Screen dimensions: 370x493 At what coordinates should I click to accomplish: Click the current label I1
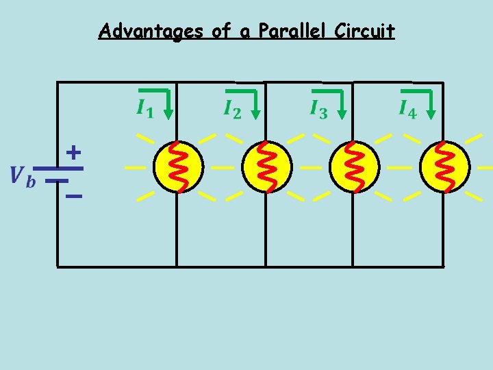pyautogui.click(x=144, y=109)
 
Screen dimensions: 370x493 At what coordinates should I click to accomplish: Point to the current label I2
pyautogui.click(x=233, y=109)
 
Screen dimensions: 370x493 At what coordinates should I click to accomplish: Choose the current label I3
pyautogui.click(x=318, y=109)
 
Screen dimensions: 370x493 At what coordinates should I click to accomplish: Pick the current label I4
pyautogui.click(x=407, y=109)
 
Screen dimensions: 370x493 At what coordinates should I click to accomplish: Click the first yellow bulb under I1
pyautogui.click(x=178, y=167)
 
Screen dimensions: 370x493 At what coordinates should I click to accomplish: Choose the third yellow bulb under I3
pyautogui.click(x=354, y=167)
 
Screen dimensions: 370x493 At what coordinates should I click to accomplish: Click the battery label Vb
pyautogui.click(x=21, y=175)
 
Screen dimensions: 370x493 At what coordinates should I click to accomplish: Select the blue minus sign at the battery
pyautogui.click(x=73, y=197)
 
